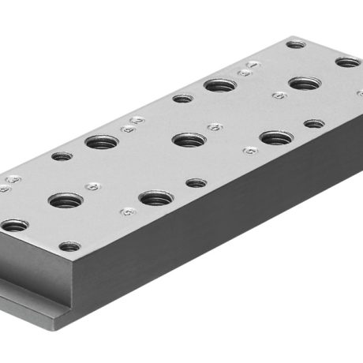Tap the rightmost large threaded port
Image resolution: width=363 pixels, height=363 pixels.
303,83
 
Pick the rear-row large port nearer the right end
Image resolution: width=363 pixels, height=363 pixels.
219,84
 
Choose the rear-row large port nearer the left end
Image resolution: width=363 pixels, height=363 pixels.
101,143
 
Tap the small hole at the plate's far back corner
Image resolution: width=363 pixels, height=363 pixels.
296,44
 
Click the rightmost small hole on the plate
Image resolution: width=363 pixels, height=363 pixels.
347,62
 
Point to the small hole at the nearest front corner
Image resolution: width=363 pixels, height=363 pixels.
69,247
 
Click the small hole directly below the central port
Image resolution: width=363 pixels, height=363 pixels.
196,183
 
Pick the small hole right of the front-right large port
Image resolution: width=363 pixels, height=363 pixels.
314,123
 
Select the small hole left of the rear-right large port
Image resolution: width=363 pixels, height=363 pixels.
182,99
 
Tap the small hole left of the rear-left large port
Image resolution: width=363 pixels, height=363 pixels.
62,156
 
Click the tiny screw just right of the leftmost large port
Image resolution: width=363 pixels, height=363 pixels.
93,187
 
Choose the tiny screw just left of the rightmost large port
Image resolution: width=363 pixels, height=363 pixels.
278,95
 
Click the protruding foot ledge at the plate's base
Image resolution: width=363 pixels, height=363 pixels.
32,309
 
